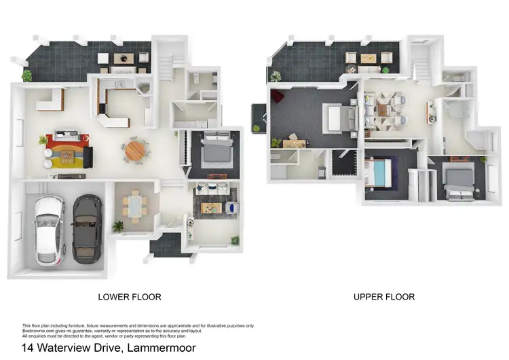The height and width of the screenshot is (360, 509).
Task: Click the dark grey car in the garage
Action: coord(88,230)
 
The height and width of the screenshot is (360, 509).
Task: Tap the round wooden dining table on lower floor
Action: coord(136,149)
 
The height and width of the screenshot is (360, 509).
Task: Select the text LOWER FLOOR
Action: coord(130,297)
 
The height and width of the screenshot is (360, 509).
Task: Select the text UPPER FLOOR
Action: coord(383,297)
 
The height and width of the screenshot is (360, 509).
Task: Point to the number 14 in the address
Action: coord(28,348)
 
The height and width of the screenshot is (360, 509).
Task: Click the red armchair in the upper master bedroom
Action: coord(278,101)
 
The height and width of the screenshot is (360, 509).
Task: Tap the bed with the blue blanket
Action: coord(379,174)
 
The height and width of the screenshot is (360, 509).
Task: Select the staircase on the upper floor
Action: coord(421,65)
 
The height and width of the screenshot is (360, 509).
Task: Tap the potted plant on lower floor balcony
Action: coord(27,76)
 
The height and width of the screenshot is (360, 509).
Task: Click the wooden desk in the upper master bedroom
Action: coord(295,141)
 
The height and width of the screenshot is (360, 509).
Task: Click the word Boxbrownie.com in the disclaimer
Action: coord(39,330)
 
